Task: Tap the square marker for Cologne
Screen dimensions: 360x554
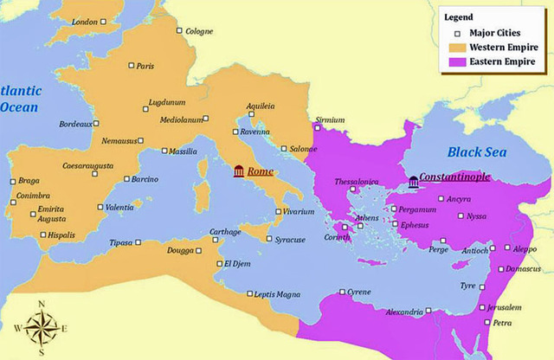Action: [180, 31]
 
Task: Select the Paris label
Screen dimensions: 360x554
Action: [145, 66]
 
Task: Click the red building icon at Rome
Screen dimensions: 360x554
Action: [238, 173]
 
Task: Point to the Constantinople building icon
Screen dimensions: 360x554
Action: [414, 181]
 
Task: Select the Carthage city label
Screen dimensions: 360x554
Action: [226, 232]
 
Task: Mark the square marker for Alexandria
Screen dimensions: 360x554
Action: [428, 312]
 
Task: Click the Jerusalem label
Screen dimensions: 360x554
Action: [504, 308]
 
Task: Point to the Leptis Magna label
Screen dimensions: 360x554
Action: [275, 294]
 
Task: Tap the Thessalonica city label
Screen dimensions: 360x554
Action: [357, 182]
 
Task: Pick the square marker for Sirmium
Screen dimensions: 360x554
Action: [313, 120]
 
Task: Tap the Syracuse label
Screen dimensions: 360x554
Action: [290, 239]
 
